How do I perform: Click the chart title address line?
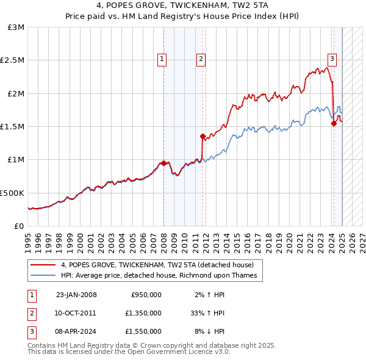tap(182, 6)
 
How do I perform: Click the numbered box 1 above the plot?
tap(162, 59)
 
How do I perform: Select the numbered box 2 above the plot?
tap(201, 59)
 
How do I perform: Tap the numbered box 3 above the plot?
tap(332, 59)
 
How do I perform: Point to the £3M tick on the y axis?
tap(16, 27)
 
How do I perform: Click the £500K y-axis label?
tap(13, 193)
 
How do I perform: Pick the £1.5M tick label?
tap(13, 126)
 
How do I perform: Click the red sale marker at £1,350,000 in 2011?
tap(203, 137)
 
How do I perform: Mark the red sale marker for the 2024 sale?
tap(334, 123)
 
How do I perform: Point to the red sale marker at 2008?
tap(163, 163)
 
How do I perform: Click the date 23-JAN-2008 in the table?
tap(76, 295)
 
